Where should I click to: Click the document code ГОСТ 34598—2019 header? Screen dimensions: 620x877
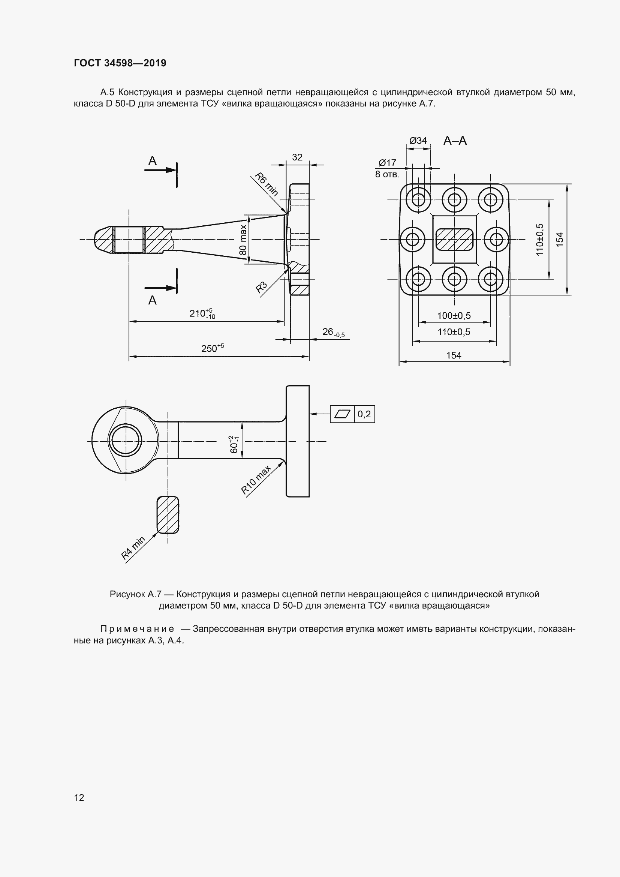pos(120,63)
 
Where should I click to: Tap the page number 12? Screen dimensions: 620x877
pos(79,797)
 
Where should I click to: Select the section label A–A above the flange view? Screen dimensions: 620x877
pos(455,141)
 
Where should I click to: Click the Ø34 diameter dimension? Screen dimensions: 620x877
pos(418,141)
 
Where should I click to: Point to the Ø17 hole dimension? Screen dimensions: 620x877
pos(387,163)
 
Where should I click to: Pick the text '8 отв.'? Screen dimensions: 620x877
pos(387,175)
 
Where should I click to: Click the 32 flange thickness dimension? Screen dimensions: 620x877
pos(297,157)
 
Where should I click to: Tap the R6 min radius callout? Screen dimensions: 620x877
pos(267,184)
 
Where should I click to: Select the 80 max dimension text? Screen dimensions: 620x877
pos(243,240)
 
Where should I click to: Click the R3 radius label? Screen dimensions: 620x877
pos(261,287)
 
